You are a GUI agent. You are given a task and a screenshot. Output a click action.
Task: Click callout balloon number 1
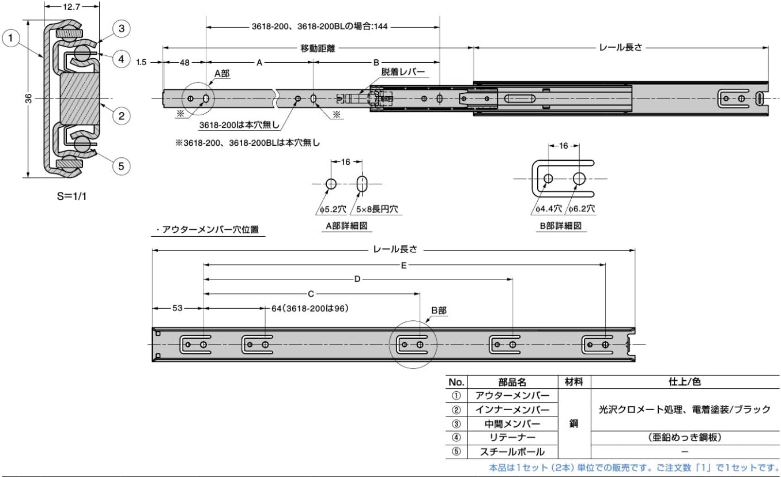(11, 38)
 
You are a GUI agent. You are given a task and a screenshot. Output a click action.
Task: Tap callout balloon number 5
(122, 166)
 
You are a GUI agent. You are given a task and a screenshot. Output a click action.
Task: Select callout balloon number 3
(122, 28)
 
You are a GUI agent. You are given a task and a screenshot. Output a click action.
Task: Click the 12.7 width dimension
(72, 6)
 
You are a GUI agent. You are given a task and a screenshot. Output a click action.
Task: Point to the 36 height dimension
(29, 99)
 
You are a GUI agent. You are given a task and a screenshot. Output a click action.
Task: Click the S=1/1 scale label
(72, 196)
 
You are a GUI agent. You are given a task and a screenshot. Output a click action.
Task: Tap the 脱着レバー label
(403, 72)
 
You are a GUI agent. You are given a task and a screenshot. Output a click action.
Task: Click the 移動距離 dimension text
(318, 48)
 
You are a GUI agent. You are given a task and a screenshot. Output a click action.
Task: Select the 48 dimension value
(184, 62)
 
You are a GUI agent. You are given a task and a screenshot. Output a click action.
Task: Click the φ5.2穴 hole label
(333, 209)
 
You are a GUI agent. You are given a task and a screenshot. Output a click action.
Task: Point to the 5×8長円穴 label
(377, 209)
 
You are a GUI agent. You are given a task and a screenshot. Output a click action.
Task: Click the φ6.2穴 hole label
(582, 209)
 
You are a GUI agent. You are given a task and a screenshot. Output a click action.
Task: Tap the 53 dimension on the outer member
(178, 308)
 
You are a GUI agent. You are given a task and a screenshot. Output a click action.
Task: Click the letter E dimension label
(403, 266)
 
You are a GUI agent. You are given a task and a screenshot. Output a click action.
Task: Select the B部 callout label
(439, 311)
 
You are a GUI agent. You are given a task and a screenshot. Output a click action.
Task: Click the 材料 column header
(574, 382)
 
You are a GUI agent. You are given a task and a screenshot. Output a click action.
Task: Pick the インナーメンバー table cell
(512, 410)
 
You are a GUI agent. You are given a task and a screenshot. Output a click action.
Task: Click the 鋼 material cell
(574, 423)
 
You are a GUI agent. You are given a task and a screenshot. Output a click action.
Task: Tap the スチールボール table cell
(512, 452)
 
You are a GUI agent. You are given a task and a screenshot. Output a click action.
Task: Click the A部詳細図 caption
(347, 226)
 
